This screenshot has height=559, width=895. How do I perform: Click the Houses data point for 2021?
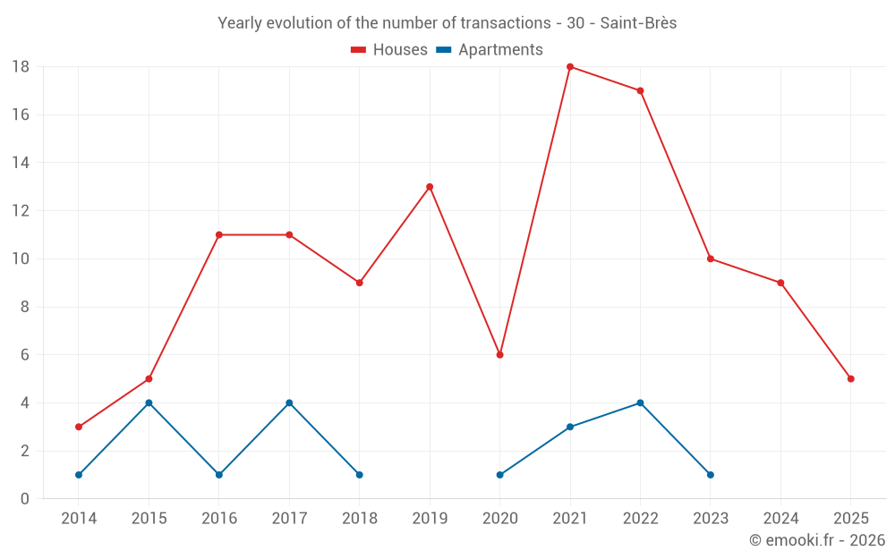click(x=570, y=67)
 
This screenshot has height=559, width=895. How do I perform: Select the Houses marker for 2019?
click(x=430, y=187)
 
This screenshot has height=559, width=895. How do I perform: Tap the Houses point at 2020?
click(x=499, y=355)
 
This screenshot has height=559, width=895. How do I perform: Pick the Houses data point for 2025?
click(x=850, y=379)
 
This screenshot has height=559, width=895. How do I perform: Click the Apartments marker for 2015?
click(x=149, y=402)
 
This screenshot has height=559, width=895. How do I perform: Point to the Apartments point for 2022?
click(x=640, y=402)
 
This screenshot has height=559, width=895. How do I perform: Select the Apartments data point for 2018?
click(x=359, y=475)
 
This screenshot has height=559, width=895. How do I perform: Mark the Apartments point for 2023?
click(x=711, y=475)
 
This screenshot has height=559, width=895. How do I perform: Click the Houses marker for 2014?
click(x=79, y=427)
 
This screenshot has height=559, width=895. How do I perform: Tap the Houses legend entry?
click(x=389, y=50)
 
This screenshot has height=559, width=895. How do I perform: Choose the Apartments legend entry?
click(x=490, y=50)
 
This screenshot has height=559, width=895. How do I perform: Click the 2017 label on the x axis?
click(x=289, y=519)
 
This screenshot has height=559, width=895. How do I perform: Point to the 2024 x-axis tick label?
click(x=780, y=519)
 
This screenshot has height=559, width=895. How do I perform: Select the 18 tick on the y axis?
click(x=21, y=67)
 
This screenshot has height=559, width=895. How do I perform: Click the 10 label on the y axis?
click(x=21, y=259)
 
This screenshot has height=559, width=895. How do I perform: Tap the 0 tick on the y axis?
click(x=25, y=499)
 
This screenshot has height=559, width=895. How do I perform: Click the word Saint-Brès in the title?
click(x=638, y=23)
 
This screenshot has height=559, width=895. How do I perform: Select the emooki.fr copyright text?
click(x=817, y=540)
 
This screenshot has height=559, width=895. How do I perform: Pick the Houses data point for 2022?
click(x=640, y=90)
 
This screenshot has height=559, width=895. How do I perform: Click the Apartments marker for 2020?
click(x=499, y=475)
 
